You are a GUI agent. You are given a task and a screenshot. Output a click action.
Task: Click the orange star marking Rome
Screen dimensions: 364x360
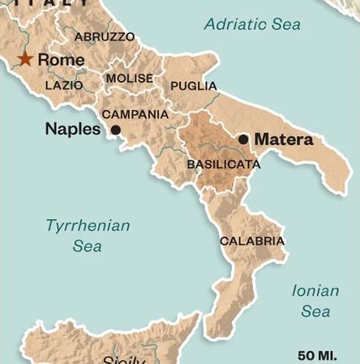click(x=26, y=59)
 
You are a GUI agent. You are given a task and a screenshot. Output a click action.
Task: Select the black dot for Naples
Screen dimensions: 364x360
click(x=116, y=130)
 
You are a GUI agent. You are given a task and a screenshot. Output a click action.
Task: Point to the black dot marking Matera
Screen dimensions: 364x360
click(x=243, y=139)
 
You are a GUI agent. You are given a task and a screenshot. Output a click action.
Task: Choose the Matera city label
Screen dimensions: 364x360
click(x=284, y=139)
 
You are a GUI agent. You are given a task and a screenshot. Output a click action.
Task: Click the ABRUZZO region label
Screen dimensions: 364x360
click(x=105, y=37)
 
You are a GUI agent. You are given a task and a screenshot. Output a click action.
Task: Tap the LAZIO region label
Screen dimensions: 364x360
click(x=64, y=84)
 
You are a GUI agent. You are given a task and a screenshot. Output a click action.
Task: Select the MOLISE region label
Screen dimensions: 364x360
click(x=128, y=78)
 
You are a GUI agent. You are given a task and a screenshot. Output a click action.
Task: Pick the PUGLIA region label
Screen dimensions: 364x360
click(x=193, y=85)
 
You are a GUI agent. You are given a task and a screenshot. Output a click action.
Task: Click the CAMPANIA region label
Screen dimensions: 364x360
click(x=135, y=114)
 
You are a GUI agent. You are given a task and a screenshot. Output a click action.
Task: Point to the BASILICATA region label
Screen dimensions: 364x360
click(x=223, y=165)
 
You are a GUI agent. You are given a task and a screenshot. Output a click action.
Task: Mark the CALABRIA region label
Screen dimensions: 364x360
click(x=252, y=241)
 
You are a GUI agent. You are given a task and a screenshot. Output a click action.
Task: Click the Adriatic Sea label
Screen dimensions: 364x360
click(x=252, y=25)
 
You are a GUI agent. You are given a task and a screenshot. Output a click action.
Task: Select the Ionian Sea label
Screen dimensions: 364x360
click(x=315, y=300)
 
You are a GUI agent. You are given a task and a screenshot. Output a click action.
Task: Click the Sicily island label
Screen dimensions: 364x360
click(x=123, y=359)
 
